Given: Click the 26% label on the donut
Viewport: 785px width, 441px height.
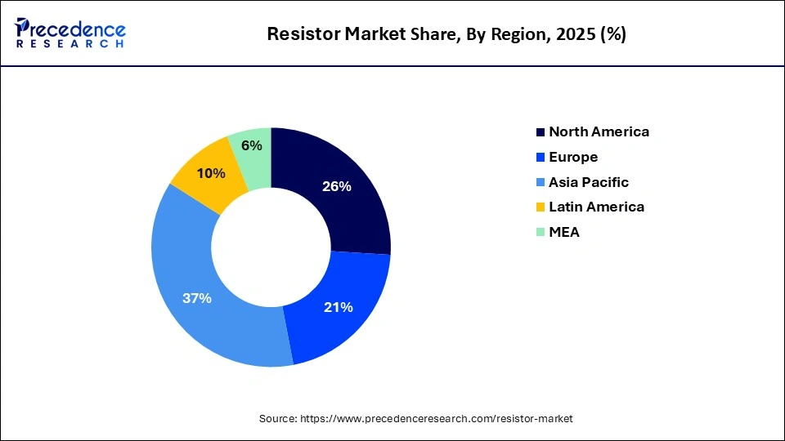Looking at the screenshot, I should pos(337,186).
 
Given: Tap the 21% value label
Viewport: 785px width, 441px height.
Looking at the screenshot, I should pos(339,307).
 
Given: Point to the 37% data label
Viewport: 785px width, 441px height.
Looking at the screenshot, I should pos(197,298).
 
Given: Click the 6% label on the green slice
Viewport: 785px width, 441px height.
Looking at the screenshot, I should pos(252,145).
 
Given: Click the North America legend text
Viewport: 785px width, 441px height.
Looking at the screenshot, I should pos(599,131).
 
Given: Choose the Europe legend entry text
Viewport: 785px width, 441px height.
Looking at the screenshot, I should pos(573,157).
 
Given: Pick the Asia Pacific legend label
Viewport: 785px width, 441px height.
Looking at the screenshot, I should pos(589,182).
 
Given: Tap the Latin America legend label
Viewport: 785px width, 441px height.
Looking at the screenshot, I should pos(596,207).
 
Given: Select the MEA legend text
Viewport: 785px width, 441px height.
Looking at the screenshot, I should pos(564,232).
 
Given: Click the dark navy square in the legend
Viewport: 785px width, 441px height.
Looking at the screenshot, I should pos(540,132).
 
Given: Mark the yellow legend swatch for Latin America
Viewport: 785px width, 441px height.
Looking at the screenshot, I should pos(540,207).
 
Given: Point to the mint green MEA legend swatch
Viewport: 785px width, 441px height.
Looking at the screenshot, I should pos(540,233).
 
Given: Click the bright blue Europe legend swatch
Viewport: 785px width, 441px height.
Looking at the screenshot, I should pos(540,158).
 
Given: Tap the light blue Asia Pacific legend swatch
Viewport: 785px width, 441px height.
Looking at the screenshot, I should pos(540,183).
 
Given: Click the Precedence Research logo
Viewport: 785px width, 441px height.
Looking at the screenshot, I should pos(70,33).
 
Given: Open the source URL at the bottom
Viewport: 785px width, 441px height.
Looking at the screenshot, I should pos(437,418).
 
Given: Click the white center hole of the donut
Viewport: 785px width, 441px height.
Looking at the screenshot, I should pos(271,247).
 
